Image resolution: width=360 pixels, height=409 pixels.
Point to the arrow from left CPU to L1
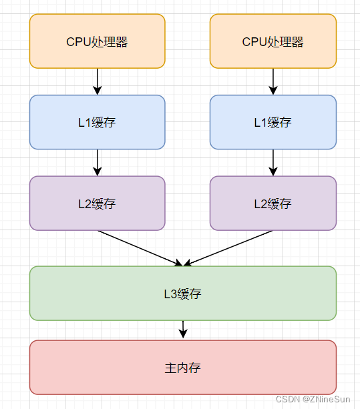pyautogui.click(x=98, y=81)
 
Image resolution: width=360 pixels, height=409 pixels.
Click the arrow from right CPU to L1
pyautogui.click(x=273, y=81)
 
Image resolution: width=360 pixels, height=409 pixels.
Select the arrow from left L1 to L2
pyautogui.click(x=98, y=162)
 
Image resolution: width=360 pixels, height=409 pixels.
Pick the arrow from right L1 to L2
pyautogui.click(x=273, y=162)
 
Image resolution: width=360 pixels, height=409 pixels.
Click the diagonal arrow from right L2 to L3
pyautogui.click(x=229, y=248)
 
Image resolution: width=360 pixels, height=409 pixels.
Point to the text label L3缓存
pyautogui.click(x=183, y=294)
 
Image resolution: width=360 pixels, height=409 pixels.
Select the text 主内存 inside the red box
pyautogui.click(x=183, y=368)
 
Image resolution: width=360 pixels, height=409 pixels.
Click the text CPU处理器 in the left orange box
pyautogui.click(x=97, y=42)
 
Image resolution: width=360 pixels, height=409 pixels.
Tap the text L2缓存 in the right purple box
pyautogui.click(x=273, y=203)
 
